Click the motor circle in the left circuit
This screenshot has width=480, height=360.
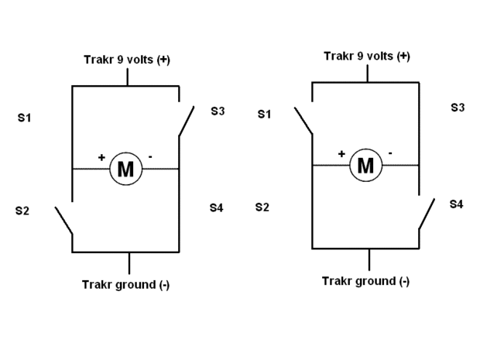coord(125,169)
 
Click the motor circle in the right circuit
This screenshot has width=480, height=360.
coord(365,165)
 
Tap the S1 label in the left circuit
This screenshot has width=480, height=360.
coord(23,118)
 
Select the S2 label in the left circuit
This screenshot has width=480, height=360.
coord(22,211)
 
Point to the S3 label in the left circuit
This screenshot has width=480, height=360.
coord(218,111)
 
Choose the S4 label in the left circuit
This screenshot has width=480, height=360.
coord(216,207)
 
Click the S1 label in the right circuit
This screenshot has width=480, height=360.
coord(264,115)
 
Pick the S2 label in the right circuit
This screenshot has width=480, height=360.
coord(262,207)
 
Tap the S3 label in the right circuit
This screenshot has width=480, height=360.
coord(458,107)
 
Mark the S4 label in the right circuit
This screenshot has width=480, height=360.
coord(457,204)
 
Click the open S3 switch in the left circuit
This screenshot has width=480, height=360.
coord(186,121)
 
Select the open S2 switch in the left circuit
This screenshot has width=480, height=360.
coord(63,220)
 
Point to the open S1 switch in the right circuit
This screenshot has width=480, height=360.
coord(303,118)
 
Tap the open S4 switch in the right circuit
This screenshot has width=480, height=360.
coord(427,214)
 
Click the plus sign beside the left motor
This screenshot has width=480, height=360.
coord(101,157)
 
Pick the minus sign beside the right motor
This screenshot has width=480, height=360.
coord(390,153)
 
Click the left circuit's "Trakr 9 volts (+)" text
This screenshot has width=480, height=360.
coord(126,60)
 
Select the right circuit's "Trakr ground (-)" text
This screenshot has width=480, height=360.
coord(365,280)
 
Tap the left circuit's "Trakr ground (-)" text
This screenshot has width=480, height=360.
coord(125,284)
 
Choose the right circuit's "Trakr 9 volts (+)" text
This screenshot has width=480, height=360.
coord(366,56)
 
